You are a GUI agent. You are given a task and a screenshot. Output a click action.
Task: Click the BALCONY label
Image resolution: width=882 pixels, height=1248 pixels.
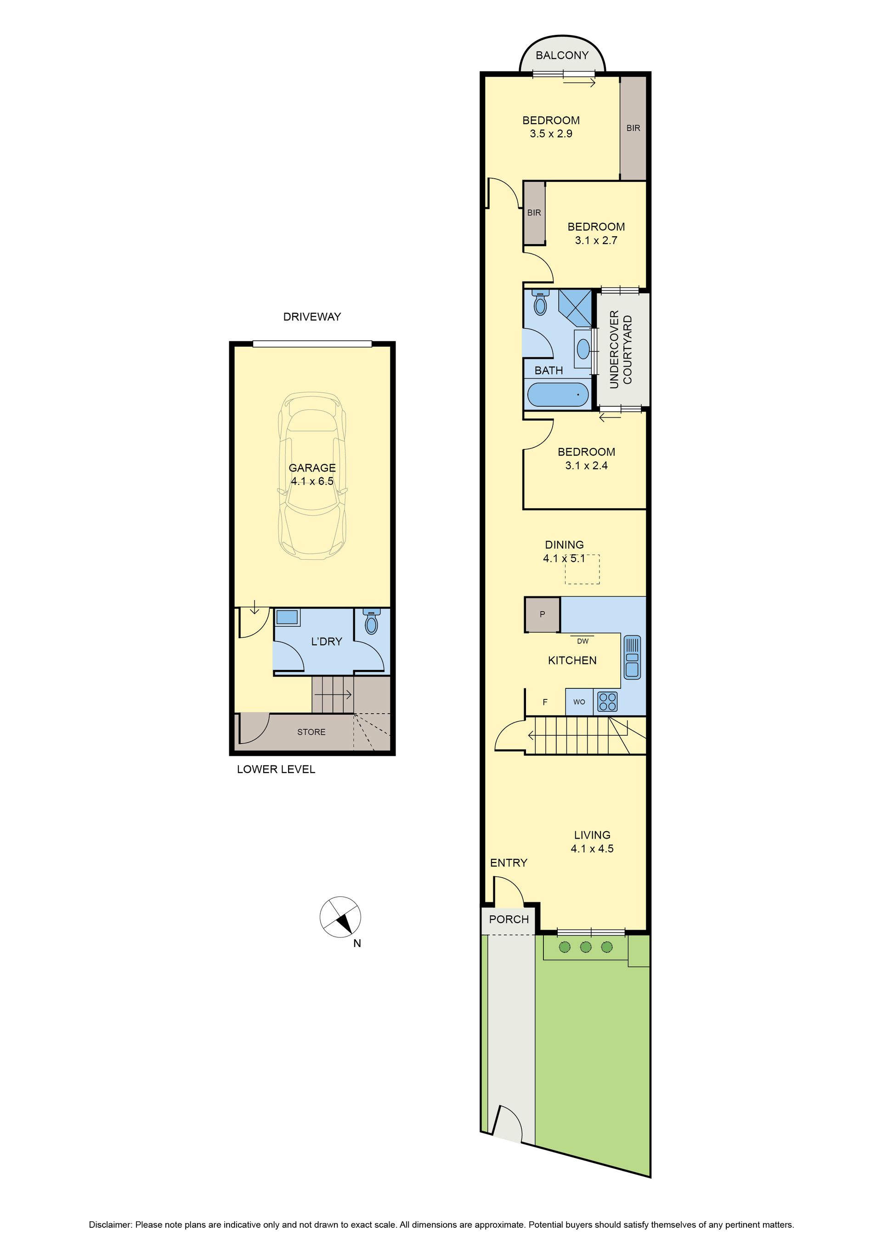coord(562,55)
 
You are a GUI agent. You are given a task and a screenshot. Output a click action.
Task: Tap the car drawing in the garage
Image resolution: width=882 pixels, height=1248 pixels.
coord(312,473)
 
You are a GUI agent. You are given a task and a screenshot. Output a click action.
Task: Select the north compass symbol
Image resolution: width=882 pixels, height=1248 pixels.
coord(340,917)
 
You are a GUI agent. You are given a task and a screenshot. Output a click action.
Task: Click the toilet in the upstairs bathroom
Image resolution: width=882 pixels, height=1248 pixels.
coord(540,304)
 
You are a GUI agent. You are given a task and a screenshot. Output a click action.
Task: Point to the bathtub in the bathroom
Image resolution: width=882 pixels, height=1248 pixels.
coord(558,395)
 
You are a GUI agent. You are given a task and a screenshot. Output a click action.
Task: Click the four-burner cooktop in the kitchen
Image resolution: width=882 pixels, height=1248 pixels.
coord(607,702)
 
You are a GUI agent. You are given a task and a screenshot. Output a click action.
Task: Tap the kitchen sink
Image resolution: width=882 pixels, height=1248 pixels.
coord(632,657)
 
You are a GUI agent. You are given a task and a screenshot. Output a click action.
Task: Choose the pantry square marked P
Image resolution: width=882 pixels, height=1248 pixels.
coord(542,615)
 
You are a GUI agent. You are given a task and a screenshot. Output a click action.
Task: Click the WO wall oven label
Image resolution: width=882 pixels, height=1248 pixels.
coord(579,702)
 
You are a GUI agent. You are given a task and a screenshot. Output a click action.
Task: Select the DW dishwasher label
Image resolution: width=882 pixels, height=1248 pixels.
coord(582,641)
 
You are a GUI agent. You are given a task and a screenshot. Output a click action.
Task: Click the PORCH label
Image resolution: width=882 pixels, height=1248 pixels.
coord(509,919)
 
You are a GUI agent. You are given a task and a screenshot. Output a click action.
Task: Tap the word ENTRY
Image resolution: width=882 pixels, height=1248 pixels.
coord(509,862)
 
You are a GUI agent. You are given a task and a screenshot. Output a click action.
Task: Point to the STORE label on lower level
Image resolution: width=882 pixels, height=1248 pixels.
coord(311,732)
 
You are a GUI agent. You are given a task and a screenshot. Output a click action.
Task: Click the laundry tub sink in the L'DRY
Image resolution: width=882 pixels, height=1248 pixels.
coord(287,618)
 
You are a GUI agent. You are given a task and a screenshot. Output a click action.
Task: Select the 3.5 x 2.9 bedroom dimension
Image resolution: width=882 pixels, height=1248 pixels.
coord(551,134)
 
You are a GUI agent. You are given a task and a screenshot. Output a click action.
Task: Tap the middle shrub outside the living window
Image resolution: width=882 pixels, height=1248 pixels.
coord(585,947)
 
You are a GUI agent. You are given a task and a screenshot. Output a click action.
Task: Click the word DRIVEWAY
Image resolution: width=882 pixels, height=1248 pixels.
coord(312,317)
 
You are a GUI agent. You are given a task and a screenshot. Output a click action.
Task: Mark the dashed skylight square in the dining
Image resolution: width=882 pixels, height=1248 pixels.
coord(582,569)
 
